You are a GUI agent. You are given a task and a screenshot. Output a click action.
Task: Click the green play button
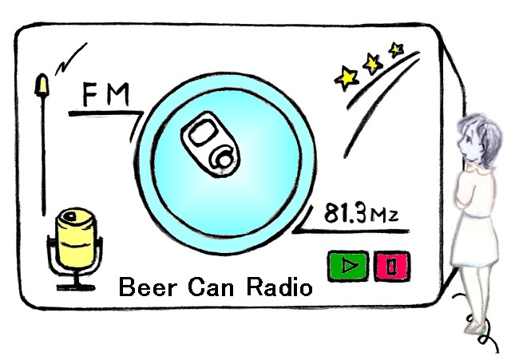[347, 266]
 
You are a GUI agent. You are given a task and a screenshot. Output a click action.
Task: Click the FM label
[106, 97]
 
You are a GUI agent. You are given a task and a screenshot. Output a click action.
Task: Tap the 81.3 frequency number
[343, 214]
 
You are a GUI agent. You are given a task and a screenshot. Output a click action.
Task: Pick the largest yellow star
[347, 77]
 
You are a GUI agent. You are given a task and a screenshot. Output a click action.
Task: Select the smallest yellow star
[395, 49]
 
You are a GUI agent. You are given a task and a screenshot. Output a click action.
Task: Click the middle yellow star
[372, 63]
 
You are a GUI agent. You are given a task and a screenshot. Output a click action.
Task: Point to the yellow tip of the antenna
[42, 85]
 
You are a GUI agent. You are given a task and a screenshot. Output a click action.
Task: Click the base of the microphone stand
[75, 285]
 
